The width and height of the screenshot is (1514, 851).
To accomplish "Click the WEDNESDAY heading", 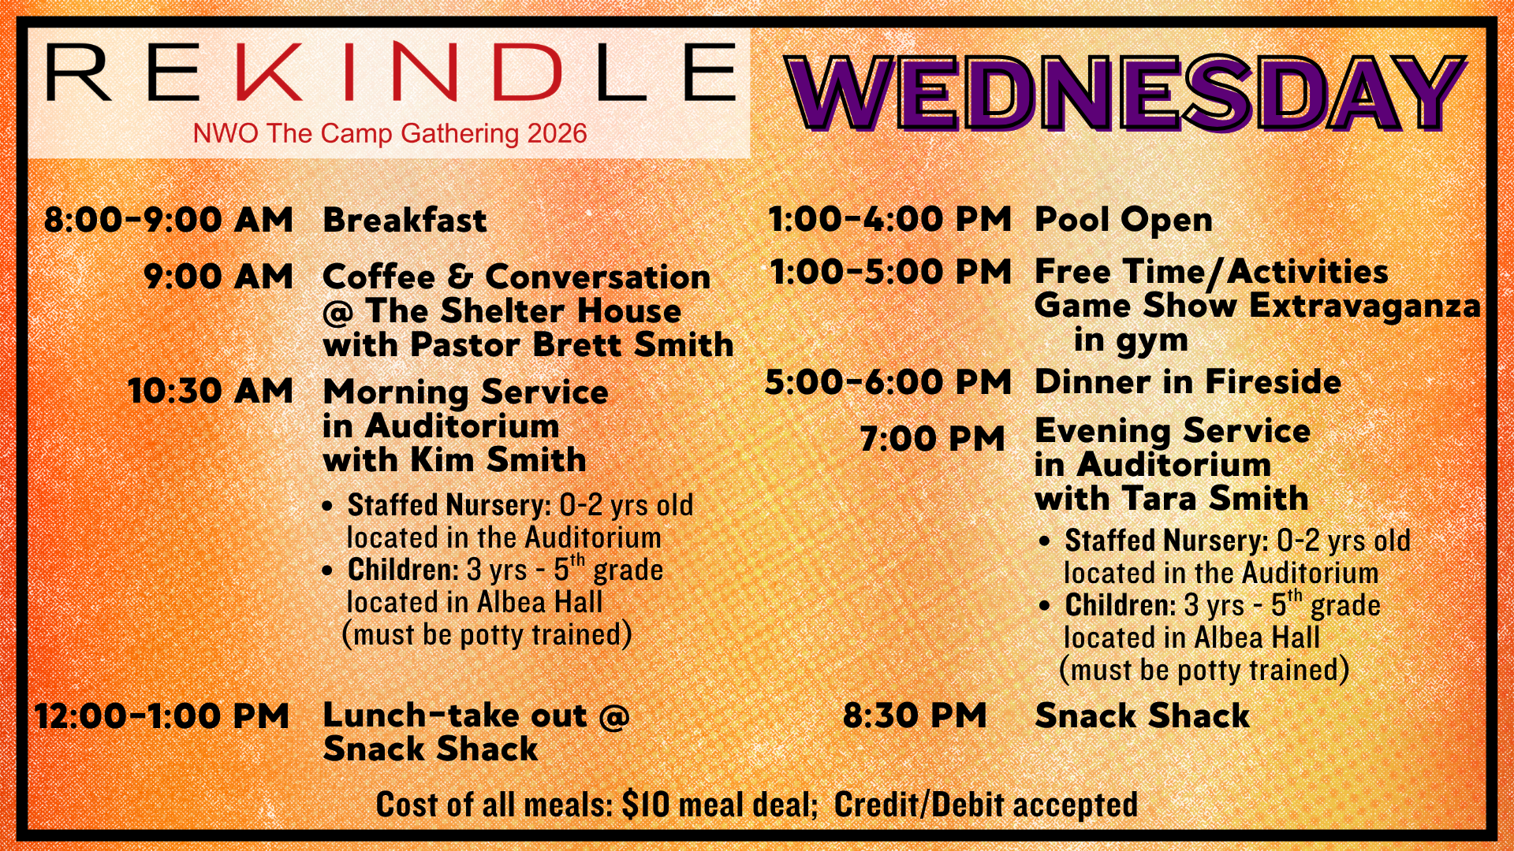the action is (x=1125, y=93).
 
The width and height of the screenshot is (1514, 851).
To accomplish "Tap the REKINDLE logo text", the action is (x=391, y=72).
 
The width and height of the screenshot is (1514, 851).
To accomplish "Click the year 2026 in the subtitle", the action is (x=557, y=133).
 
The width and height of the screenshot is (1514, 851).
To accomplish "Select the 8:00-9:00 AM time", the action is (x=168, y=219).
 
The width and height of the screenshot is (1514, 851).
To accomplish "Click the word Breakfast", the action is (x=405, y=220).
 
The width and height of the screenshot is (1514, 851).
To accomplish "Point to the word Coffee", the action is (x=379, y=277).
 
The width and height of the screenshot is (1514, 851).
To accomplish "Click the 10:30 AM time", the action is (x=211, y=391).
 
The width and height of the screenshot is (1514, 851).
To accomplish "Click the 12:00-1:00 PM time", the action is (x=162, y=716).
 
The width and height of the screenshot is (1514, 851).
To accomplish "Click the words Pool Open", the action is (x=1124, y=220).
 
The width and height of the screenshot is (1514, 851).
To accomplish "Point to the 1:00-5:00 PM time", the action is (x=890, y=272).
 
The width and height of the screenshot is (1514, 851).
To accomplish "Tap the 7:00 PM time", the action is (x=932, y=439).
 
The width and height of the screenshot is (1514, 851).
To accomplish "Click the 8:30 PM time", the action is (x=915, y=716).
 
